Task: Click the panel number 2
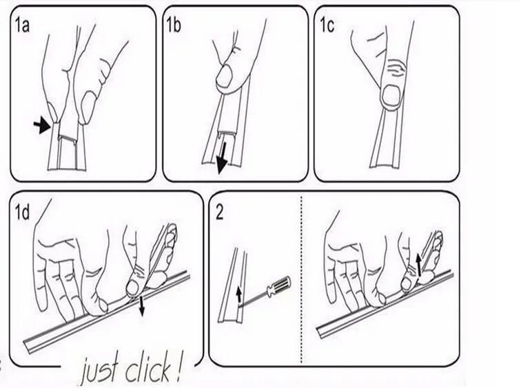click(x=219, y=211)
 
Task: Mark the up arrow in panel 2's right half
click(x=418, y=262)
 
